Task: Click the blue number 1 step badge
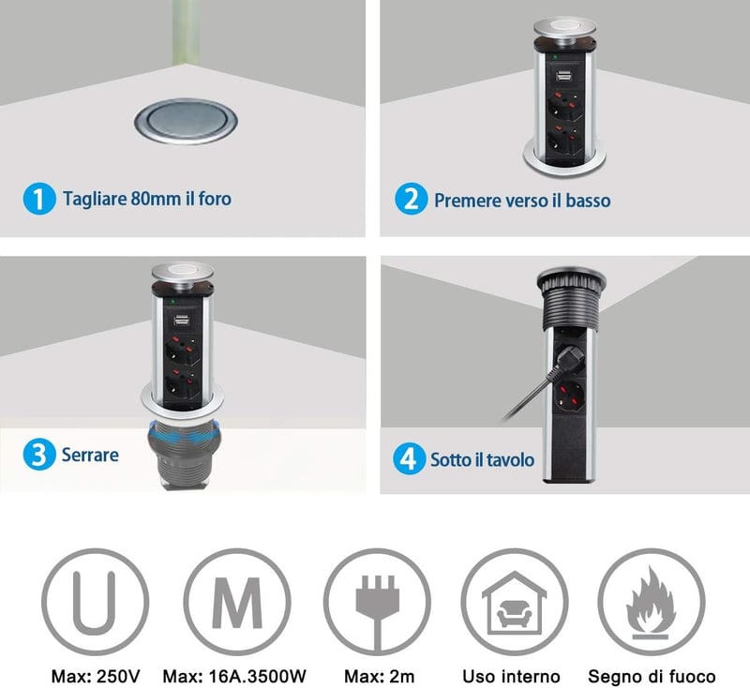(x=39, y=199)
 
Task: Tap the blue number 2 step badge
(x=411, y=199)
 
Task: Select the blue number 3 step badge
(x=39, y=454)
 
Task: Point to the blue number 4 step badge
(x=409, y=458)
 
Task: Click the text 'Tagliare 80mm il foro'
(x=147, y=199)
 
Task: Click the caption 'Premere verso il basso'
(x=522, y=201)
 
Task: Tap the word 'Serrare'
(x=90, y=455)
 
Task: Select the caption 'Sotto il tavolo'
(x=482, y=459)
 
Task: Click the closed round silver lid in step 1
(x=186, y=122)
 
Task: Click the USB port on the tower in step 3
(x=180, y=321)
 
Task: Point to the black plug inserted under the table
(x=566, y=356)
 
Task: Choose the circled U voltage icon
(x=95, y=602)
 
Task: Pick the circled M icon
(x=237, y=602)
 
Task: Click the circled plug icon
(x=378, y=602)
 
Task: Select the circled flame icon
(x=651, y=602)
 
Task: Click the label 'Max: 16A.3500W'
(x=234, y=676)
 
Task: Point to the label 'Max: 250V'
(x=96, y=676)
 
